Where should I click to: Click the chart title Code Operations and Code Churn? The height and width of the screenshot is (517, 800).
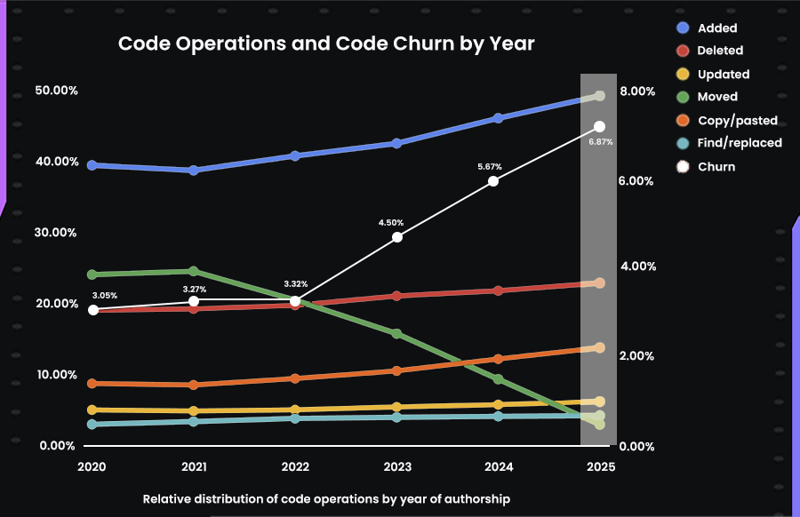point(326,44)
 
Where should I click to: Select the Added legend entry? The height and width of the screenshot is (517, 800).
point(717,28)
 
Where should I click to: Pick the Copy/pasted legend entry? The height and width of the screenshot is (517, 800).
point(738,120)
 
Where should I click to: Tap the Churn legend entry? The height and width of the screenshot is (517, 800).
point(716,166)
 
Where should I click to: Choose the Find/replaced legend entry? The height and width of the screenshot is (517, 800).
point(740,142)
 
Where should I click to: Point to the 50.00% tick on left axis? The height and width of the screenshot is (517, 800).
point(56,91)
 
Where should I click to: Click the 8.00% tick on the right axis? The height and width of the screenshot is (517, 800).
point(637,91)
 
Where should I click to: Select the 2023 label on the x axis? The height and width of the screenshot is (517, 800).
point(397,466)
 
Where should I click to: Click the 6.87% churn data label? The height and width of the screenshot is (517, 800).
point(601,142)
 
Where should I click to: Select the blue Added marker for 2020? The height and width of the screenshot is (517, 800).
point(92,165)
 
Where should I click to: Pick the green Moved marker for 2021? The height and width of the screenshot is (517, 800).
point(194,271)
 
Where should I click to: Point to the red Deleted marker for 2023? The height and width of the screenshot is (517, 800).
point(397,296)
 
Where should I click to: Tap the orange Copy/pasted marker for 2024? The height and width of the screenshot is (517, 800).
point(498,359)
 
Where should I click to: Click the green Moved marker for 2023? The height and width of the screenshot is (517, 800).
point(397,334)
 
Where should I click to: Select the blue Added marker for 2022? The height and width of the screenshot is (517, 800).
point(295,155)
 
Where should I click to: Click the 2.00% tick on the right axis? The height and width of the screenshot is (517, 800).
point(637,356)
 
